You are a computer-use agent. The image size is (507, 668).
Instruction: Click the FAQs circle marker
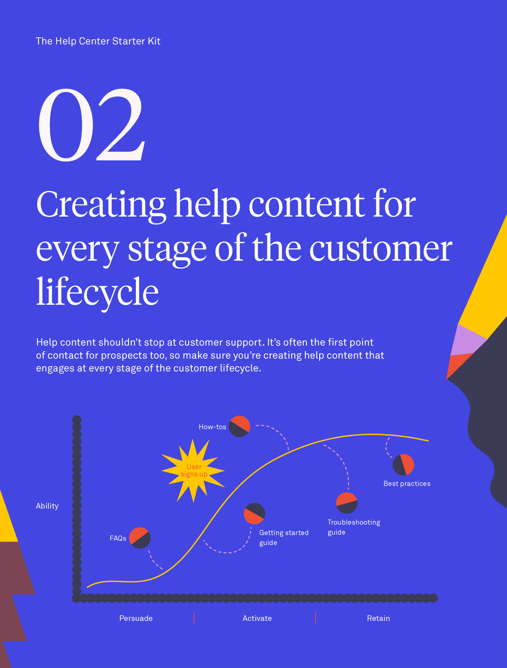(140, 538)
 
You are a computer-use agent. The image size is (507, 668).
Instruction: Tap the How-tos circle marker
(239, 426)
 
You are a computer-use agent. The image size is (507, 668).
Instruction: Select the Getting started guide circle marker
(255, 514)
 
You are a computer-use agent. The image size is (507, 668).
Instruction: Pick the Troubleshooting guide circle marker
(347, 503)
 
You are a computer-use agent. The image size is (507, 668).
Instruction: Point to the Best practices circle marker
(403, 465)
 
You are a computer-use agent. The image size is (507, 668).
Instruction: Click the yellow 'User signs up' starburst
(193, 471)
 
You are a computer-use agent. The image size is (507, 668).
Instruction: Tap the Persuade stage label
(136, 618)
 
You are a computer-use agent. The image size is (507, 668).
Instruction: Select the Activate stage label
(257, 618)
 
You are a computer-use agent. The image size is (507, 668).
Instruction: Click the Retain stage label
(378, 618)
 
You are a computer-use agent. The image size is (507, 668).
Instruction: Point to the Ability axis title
(47, 506)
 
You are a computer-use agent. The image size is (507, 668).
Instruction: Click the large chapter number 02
(92, 125)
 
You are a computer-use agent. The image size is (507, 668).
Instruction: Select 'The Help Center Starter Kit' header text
(98, 41)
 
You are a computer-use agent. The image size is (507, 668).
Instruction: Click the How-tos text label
(212, 427)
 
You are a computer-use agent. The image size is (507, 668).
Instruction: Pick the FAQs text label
(118, 538)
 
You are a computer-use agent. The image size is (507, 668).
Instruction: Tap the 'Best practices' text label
(407, 484)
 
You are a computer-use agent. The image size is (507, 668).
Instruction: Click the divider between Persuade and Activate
(194, 618)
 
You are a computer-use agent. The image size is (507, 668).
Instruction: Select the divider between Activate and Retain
(316, 618)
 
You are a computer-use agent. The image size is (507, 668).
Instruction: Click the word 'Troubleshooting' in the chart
(354, 522)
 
